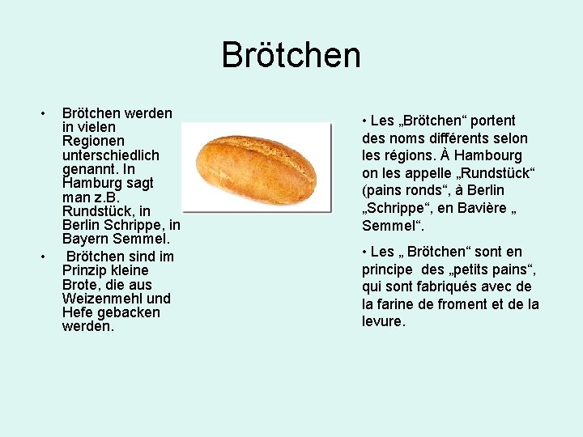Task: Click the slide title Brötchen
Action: click(x=291, y=55)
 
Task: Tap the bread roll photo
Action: click(x=256, y=167)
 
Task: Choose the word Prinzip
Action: click(x=86, y=270)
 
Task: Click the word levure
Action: click(x=382, y=321)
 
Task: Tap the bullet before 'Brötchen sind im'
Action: click(x=44, y=256)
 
